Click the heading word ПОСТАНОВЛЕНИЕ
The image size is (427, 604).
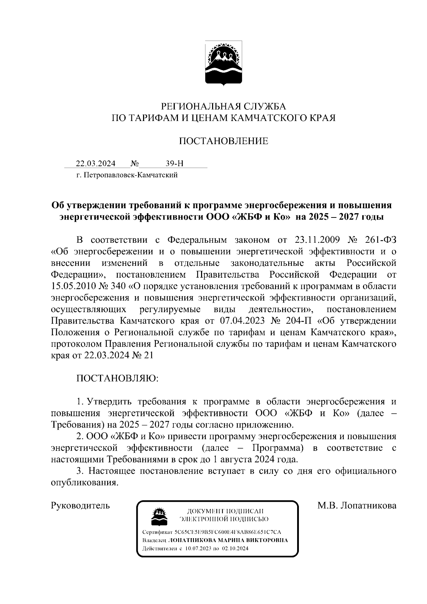tap(223, 141)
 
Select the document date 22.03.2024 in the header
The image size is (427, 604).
tap(96, 164)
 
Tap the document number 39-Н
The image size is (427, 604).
tap(175, 164)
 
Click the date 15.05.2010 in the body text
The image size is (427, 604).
tap(73, 286)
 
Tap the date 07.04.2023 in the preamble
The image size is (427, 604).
tap(243, 321)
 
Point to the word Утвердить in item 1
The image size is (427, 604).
tap(110, 402)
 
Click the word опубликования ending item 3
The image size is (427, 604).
tap(84, 483)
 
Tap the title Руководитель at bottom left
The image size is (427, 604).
tap(80, 506)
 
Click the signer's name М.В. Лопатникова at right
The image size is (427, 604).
tap(357, 506)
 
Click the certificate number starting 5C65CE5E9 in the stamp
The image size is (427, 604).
tap(227, 532)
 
